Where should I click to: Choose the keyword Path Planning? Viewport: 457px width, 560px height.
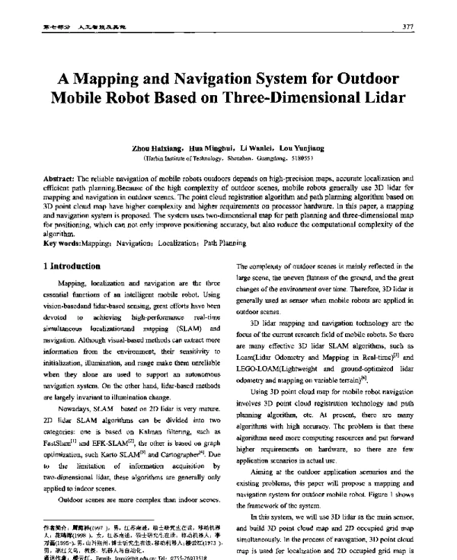coord(223,243)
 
